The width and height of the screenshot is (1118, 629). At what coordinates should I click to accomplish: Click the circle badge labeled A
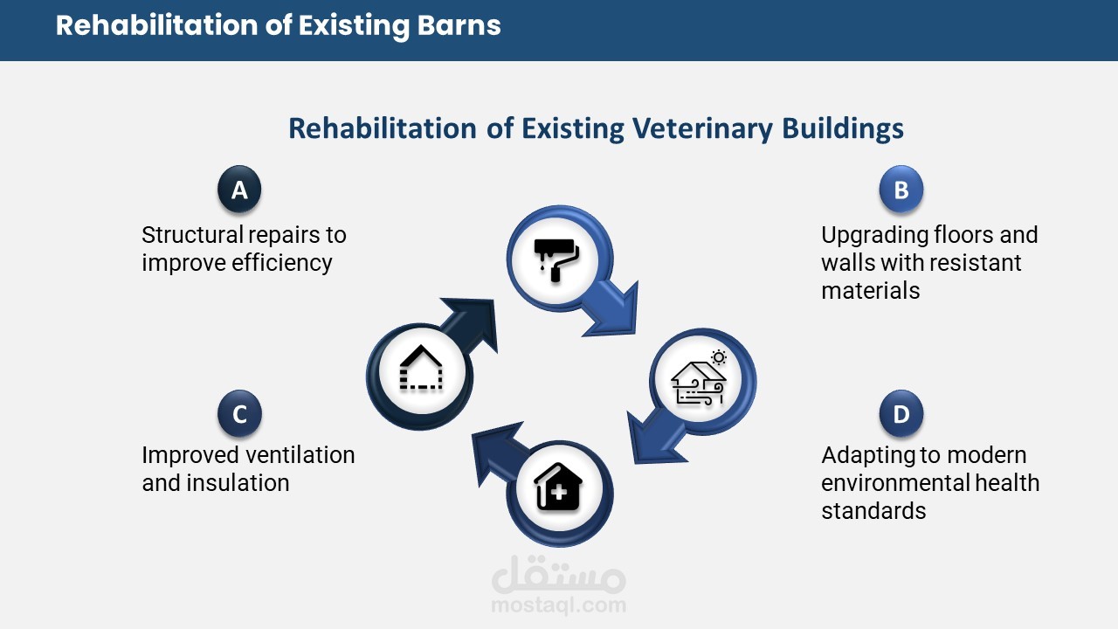239,190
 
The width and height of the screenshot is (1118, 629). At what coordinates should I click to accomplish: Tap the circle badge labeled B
901,190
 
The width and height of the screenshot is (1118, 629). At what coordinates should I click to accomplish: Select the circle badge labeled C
239,414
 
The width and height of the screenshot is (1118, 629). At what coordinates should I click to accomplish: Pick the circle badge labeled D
901,414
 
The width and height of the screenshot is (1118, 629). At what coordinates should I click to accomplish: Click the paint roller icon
556,260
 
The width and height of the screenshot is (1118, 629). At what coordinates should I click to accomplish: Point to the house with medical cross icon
558,487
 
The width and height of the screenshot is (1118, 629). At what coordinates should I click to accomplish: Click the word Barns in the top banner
459,25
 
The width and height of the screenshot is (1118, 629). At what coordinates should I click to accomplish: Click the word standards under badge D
874,511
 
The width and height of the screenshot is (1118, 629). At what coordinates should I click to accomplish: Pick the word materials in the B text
871,291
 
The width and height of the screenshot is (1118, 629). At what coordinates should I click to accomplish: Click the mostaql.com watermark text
558,605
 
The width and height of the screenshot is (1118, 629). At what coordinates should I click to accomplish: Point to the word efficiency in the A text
281,264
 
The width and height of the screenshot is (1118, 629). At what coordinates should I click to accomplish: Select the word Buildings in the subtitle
843,128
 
